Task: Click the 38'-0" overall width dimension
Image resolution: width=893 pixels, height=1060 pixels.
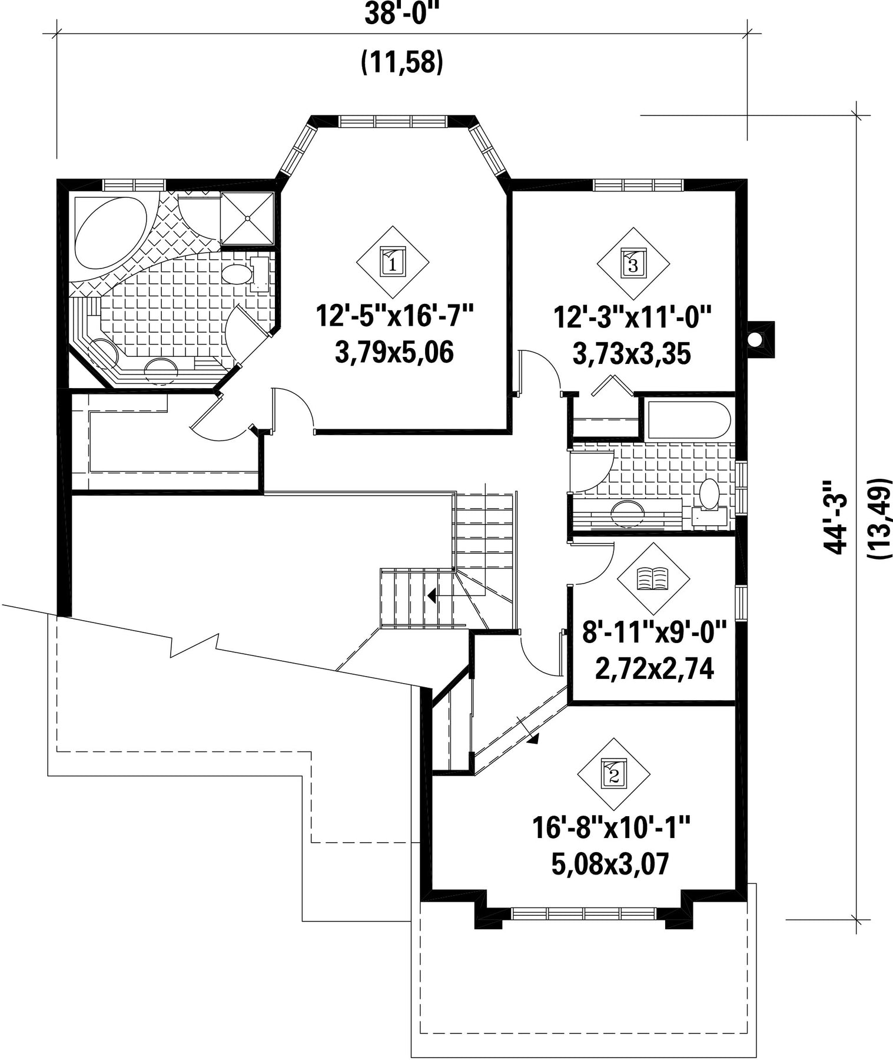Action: pyautogui.click(x=402, y=13)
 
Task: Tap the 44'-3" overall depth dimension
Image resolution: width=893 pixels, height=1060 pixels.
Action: pyautogui.click(x=836, y=517)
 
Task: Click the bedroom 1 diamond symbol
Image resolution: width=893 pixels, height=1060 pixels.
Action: pyautogui.click(x=393, y=262)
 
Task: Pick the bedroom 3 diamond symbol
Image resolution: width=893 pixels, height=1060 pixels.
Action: pyautogui.click(x=633, y=263)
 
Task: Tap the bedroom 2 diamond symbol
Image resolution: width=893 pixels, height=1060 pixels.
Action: pyautogui.click(x=614, y=774)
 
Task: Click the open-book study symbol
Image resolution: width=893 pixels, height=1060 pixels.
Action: pyautogui.click(x=653, y=578)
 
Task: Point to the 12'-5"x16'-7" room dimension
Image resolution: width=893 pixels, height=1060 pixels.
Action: pyautogui.click(x=395, y=315)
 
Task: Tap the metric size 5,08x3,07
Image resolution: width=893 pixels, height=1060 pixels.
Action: pyautogui.click(x=611, y=864)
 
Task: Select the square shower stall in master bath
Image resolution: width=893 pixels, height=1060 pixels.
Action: pyautogui.click(x=247, y=218)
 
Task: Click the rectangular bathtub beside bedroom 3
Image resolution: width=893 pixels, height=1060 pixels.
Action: pyautogui.click(x=688, y=420)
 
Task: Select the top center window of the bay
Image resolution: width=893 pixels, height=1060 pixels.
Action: pyautogui.click(x=393, y=121)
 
